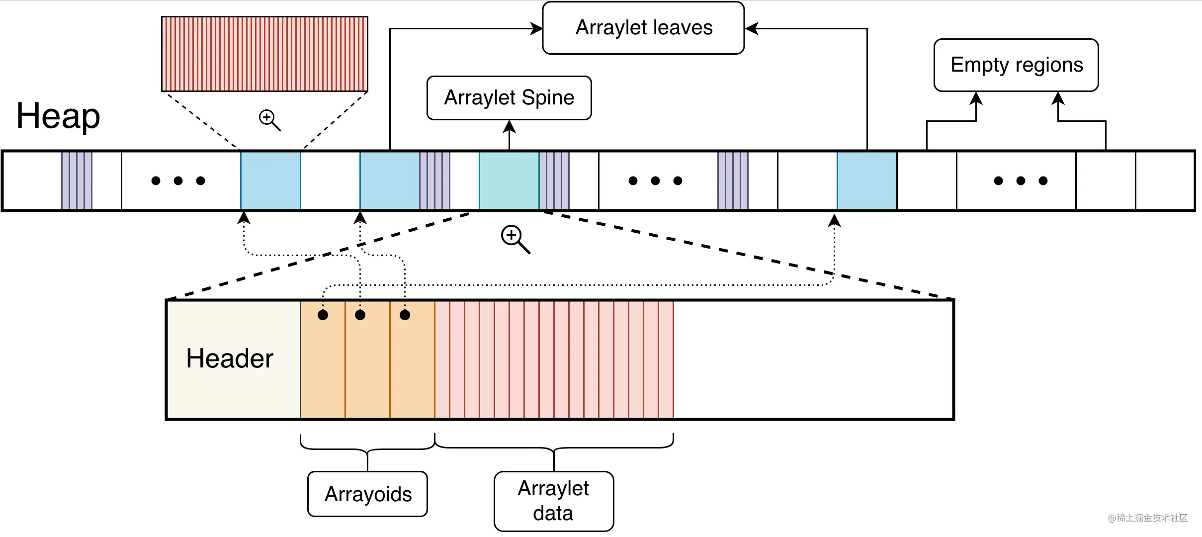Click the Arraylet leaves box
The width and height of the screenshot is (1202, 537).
(x=643, y=28)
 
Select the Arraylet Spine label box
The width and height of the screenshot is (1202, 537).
(x=509, y=98)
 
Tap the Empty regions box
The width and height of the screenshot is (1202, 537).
(x=1016, y=65)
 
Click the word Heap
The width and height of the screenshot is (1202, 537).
(x=58, y=116)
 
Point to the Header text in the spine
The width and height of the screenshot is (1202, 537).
(x=230, y=358)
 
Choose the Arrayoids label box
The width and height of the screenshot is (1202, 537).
(x=367, y=494)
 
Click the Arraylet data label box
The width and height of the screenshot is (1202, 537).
(x=553, y=501)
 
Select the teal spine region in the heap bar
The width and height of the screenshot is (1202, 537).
(x=509, y=180)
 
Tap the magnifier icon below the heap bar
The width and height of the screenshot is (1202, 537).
(x=515, y=239)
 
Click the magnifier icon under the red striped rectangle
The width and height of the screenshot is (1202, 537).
(x=269, y=120)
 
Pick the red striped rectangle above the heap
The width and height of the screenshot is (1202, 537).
(x=264, y=54)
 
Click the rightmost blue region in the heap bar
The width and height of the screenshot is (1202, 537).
(x=867, y=180)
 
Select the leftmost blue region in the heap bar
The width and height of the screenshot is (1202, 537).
(x=270, y=180)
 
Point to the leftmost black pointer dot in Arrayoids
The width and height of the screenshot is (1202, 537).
(x=323, y=315)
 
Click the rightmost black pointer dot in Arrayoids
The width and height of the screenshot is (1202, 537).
(x=405, y=315)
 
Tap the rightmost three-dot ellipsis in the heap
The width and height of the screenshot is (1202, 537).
(x=1021, y=180)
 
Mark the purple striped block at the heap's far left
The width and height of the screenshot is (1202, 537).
(x=77, y=180)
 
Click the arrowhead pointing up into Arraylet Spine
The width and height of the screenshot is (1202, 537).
(x=509, y=126)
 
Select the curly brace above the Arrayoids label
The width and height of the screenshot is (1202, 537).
(x=367, y=445)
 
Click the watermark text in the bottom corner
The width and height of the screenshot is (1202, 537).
(x=1147, y=518)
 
